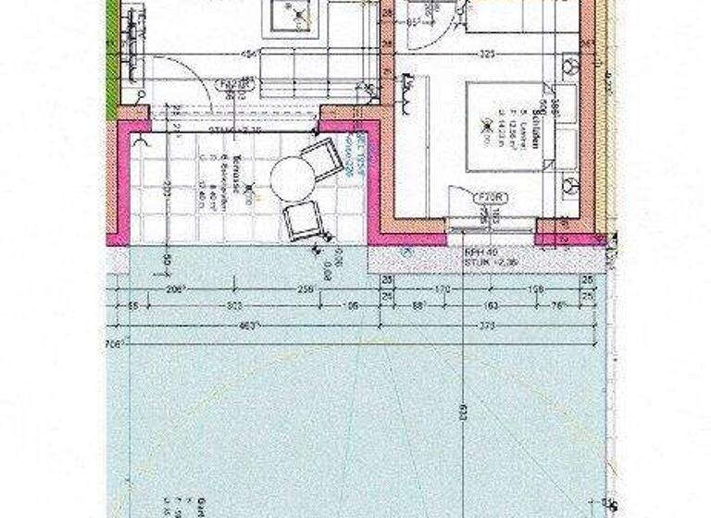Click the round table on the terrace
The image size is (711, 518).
[293, 179]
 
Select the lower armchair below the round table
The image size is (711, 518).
[303, 221]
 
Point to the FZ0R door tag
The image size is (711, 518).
[488, 197]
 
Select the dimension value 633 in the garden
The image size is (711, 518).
[459, 414]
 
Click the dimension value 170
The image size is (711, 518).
[443, 289]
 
